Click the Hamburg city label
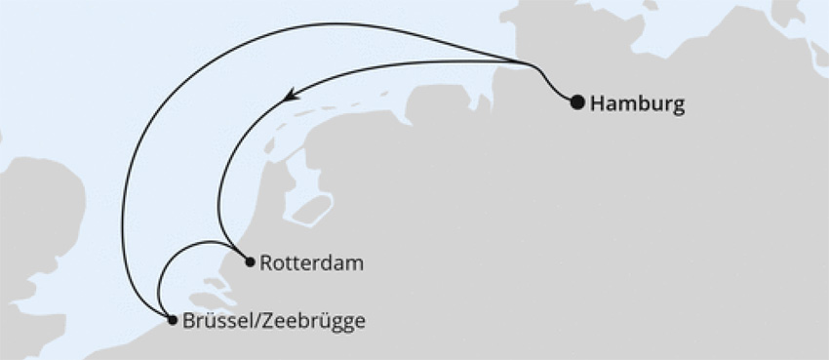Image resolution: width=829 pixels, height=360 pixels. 638,102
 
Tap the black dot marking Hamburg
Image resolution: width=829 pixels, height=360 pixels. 577,101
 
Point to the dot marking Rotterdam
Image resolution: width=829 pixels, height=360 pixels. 251,261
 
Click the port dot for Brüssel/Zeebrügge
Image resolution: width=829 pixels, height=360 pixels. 173,319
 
